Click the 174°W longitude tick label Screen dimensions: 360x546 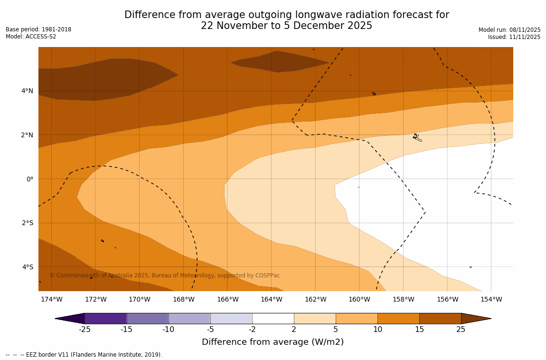click(x=51, y=299)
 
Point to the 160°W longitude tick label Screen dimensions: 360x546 click(x=359, y=299)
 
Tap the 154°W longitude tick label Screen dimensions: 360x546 click(x=491, y=299)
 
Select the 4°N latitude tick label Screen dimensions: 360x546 click(x=27, y=91)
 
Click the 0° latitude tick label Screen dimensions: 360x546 click(x=29, y=179)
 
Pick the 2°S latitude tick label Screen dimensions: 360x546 click(x=27, y=223)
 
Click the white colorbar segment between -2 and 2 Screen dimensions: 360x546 click(x=273, y=318)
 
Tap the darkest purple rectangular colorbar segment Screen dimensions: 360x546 click(x=105, y=318)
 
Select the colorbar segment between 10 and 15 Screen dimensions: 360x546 click(x=398, y=318)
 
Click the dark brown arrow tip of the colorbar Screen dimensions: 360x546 click(x=475, y=318)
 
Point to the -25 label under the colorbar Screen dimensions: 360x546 click(x=85, y=330)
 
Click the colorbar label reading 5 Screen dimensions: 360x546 click(x=336, y=330)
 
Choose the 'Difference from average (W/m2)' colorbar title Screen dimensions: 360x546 click(x=273, y=342)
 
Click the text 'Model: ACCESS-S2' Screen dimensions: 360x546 click(x=31, y=37)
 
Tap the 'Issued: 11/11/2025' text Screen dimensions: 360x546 click(x=514, y=37)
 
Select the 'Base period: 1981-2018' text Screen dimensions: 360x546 click(x=38, y=29)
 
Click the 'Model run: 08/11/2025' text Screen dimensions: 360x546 click(x=509, y=30)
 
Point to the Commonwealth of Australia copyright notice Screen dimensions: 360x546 click(x=165, y=275)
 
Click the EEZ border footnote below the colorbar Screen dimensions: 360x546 click(x=84, y=355)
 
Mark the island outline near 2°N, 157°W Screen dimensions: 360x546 click(x=417, y=138)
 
